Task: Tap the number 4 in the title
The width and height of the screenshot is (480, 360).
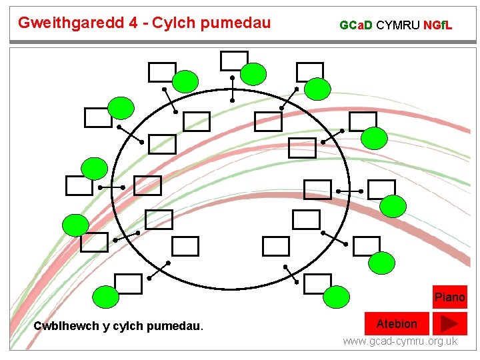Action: tap(135, 23)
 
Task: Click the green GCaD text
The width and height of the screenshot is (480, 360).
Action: tap(356, 26)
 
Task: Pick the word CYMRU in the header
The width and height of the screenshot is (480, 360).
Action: tap(398, 26)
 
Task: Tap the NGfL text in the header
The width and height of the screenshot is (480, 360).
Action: tap(438, 26)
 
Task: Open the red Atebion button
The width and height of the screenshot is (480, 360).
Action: tap(397, 324)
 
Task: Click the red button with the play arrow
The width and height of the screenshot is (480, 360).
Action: tap(449, 324)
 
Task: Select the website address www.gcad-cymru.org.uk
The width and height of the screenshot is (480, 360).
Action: tap(400, 341)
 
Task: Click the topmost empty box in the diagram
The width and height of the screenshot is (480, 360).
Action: tap(234, 61)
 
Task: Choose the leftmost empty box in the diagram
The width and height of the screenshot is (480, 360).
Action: tap(79, 185)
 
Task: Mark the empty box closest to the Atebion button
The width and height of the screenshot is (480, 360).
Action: tap(317, 284)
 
